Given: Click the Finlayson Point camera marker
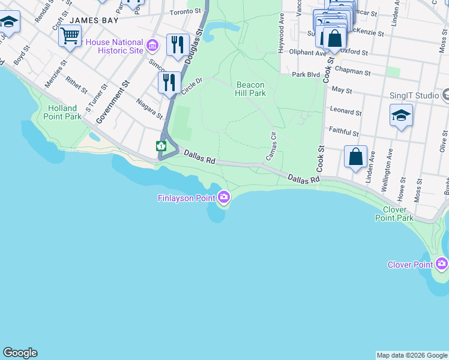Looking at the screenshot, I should (x=224, y=197).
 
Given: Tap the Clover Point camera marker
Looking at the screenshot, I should (x=442, y=263).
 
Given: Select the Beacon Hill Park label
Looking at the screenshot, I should (x=251, y=89).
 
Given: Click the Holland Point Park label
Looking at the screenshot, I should (x=64, y=112).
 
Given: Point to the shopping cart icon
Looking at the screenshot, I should (x=70, y=35).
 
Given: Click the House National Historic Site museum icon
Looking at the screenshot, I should (x=152, y=45).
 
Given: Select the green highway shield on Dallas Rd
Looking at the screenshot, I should (x=161, y=146).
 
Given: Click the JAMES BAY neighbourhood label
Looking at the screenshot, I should (x=91, y=20).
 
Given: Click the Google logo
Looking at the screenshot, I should (x=20, y=353).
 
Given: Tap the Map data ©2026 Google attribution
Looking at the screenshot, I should (x=412, y=355).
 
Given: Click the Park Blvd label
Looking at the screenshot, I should (x=306, y=75).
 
